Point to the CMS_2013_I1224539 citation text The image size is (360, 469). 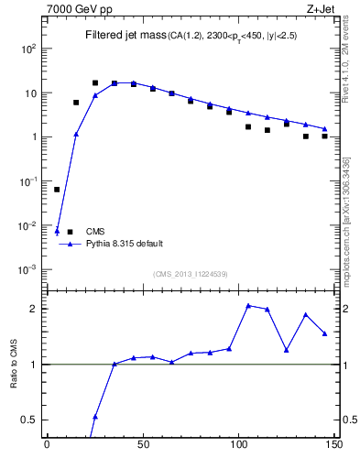coord(190,274)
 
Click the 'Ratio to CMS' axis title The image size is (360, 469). coord(15,364)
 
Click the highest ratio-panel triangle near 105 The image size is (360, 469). coord(248,305)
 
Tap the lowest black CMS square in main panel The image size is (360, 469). coord(57,190)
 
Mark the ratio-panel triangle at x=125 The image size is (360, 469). coord(287,350)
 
